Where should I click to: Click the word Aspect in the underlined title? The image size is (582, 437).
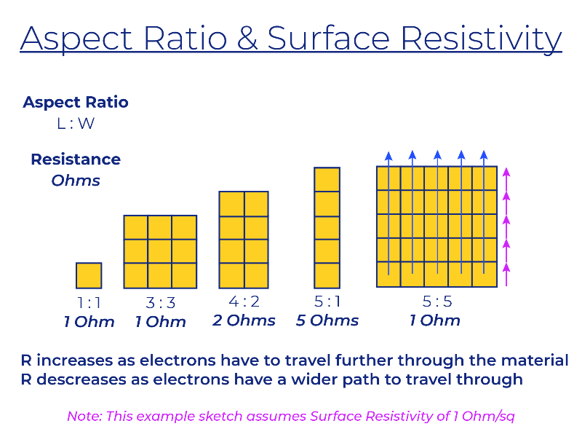tap(76, 39)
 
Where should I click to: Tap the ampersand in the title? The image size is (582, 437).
tap(247, 38)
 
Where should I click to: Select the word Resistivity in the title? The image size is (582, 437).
tap(482, 39)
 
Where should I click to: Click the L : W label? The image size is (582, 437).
tap(76, 123)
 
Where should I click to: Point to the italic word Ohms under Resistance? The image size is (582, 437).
tap(76, 181)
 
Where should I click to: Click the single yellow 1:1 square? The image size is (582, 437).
tap(89, 275)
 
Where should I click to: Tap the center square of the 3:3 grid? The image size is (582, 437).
tap(160, 251)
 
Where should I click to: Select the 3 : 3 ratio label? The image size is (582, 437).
tap(160, 303)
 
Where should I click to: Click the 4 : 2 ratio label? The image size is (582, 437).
tap(244, 302)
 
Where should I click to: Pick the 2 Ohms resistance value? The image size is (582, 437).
tap(244, 320)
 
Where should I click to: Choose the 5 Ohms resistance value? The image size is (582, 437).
tap(327, 320)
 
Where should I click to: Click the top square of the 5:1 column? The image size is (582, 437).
tap(327, 179)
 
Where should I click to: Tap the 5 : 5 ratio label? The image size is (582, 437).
tap(437, 302)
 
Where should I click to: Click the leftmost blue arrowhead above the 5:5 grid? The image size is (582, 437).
tap(388, 156)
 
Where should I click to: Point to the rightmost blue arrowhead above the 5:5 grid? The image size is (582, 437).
tap(484, 156)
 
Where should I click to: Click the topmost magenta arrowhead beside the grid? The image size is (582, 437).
tap(506, 173)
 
